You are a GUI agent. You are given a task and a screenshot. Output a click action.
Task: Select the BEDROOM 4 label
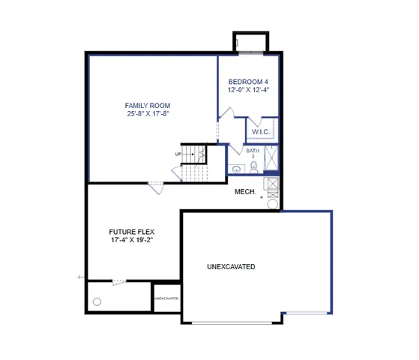click(x=248, y=81)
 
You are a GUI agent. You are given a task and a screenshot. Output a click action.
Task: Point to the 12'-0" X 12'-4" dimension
click(x=248, y=90)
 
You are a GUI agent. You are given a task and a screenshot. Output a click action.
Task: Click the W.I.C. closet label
click(x=261, y=132)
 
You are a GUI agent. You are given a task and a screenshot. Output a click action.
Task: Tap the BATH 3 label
click(x=253, y=153)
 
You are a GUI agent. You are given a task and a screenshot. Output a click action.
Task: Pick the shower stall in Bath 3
click(x=271, y=159)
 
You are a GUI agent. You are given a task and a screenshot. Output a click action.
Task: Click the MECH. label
click(x=245, y=192)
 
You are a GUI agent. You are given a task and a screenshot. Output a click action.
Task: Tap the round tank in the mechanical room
click(x=273, y=203)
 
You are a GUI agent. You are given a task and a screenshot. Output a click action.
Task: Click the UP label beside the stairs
click(x=178, y=154)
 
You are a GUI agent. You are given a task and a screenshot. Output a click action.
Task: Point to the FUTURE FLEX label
click(x=132, y=232)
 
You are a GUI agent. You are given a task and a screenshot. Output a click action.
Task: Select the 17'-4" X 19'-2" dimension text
click(x=132, y=241)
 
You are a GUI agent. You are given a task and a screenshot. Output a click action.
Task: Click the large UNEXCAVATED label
click(x=231, y=267)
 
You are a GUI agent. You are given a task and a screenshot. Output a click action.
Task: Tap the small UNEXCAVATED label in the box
click(x=166, y=298)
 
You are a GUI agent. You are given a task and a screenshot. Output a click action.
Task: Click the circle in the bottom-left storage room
click(x=97, y=301)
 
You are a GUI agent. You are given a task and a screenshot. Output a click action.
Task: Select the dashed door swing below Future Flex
click(x=118, y=283)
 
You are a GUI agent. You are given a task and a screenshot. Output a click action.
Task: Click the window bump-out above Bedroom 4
click(x=248, y=43)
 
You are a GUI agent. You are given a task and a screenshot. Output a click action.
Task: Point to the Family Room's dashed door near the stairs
click(x=156, y=187)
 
